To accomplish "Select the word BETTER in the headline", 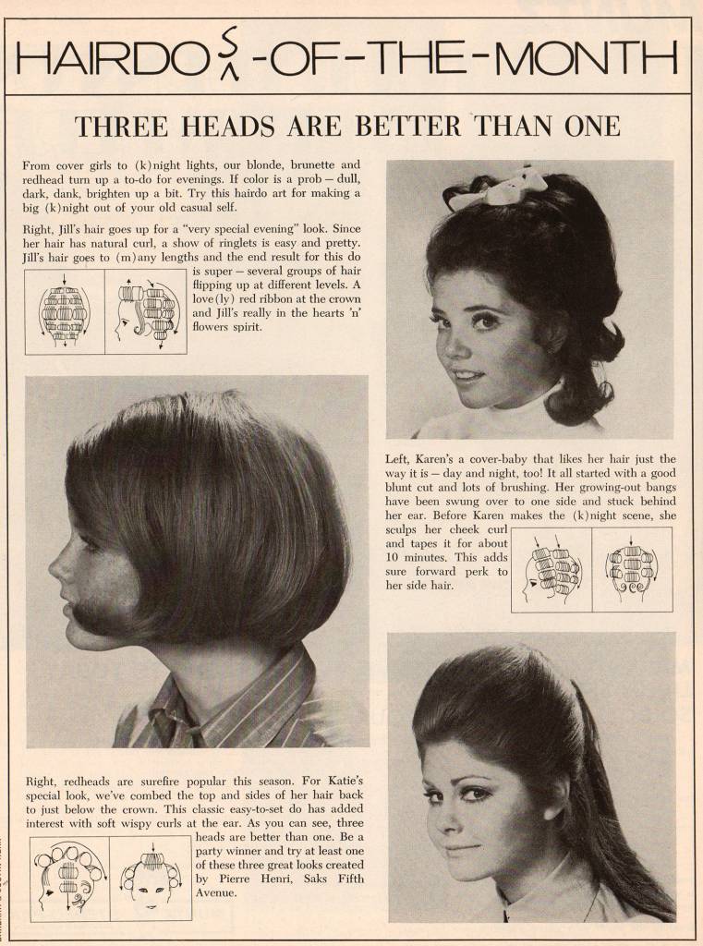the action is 407,126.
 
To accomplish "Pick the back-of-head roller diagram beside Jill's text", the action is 65,312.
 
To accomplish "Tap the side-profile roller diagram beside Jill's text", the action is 145,312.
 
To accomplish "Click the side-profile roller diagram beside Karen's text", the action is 551,570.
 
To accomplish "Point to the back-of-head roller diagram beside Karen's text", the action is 632,570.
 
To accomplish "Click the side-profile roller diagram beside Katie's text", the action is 69,878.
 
